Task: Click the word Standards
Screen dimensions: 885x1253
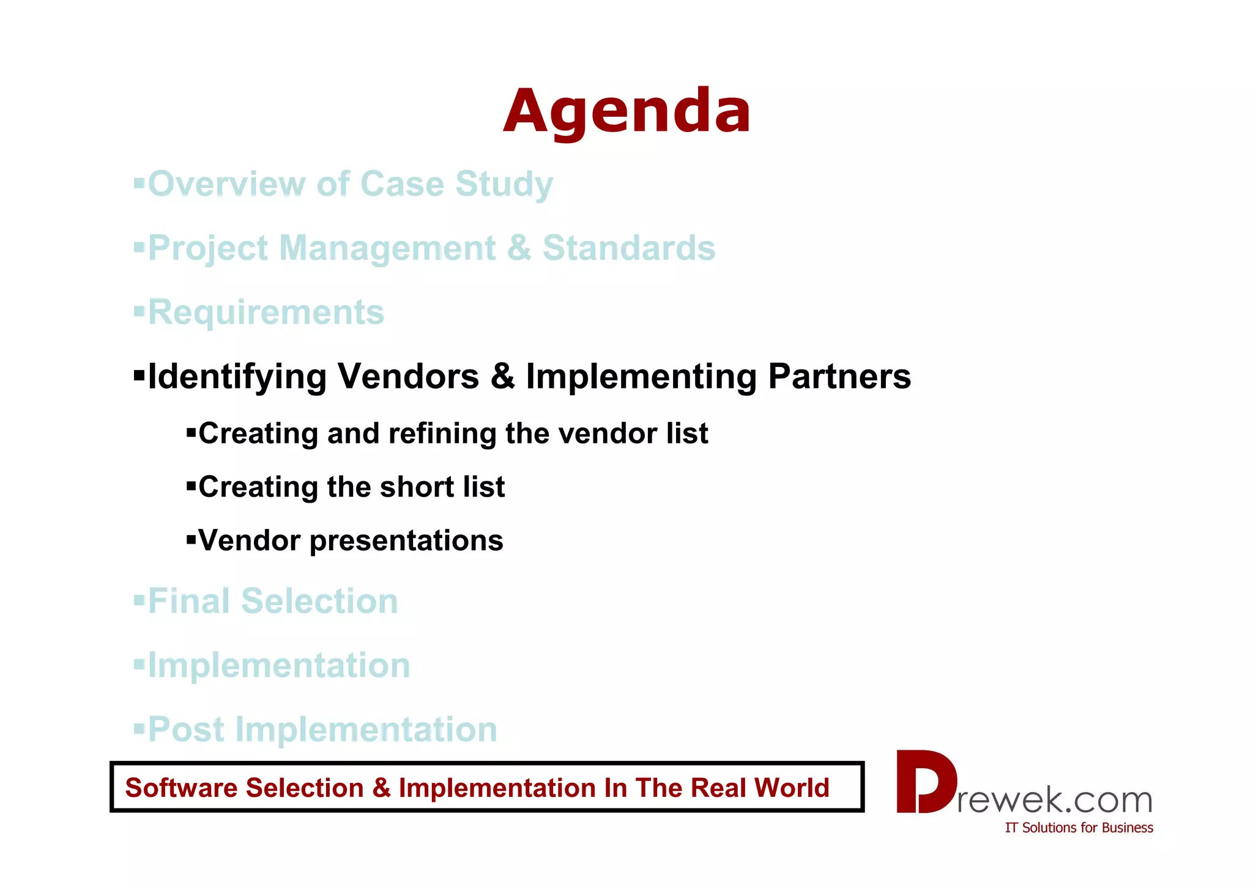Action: [x=628, y=248]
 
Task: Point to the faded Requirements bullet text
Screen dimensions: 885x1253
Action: [x=266, y=313]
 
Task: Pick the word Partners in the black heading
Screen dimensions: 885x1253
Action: [x=839, y=376]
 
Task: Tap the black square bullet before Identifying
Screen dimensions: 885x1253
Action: [x=139, y=373]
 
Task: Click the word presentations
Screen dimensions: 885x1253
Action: [x=406, y=541]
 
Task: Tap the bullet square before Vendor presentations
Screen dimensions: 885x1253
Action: [x=191, y=539]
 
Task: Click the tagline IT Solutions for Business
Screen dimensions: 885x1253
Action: [x=1079, y=828]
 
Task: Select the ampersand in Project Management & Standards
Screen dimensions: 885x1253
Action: [x=518, y=248]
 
